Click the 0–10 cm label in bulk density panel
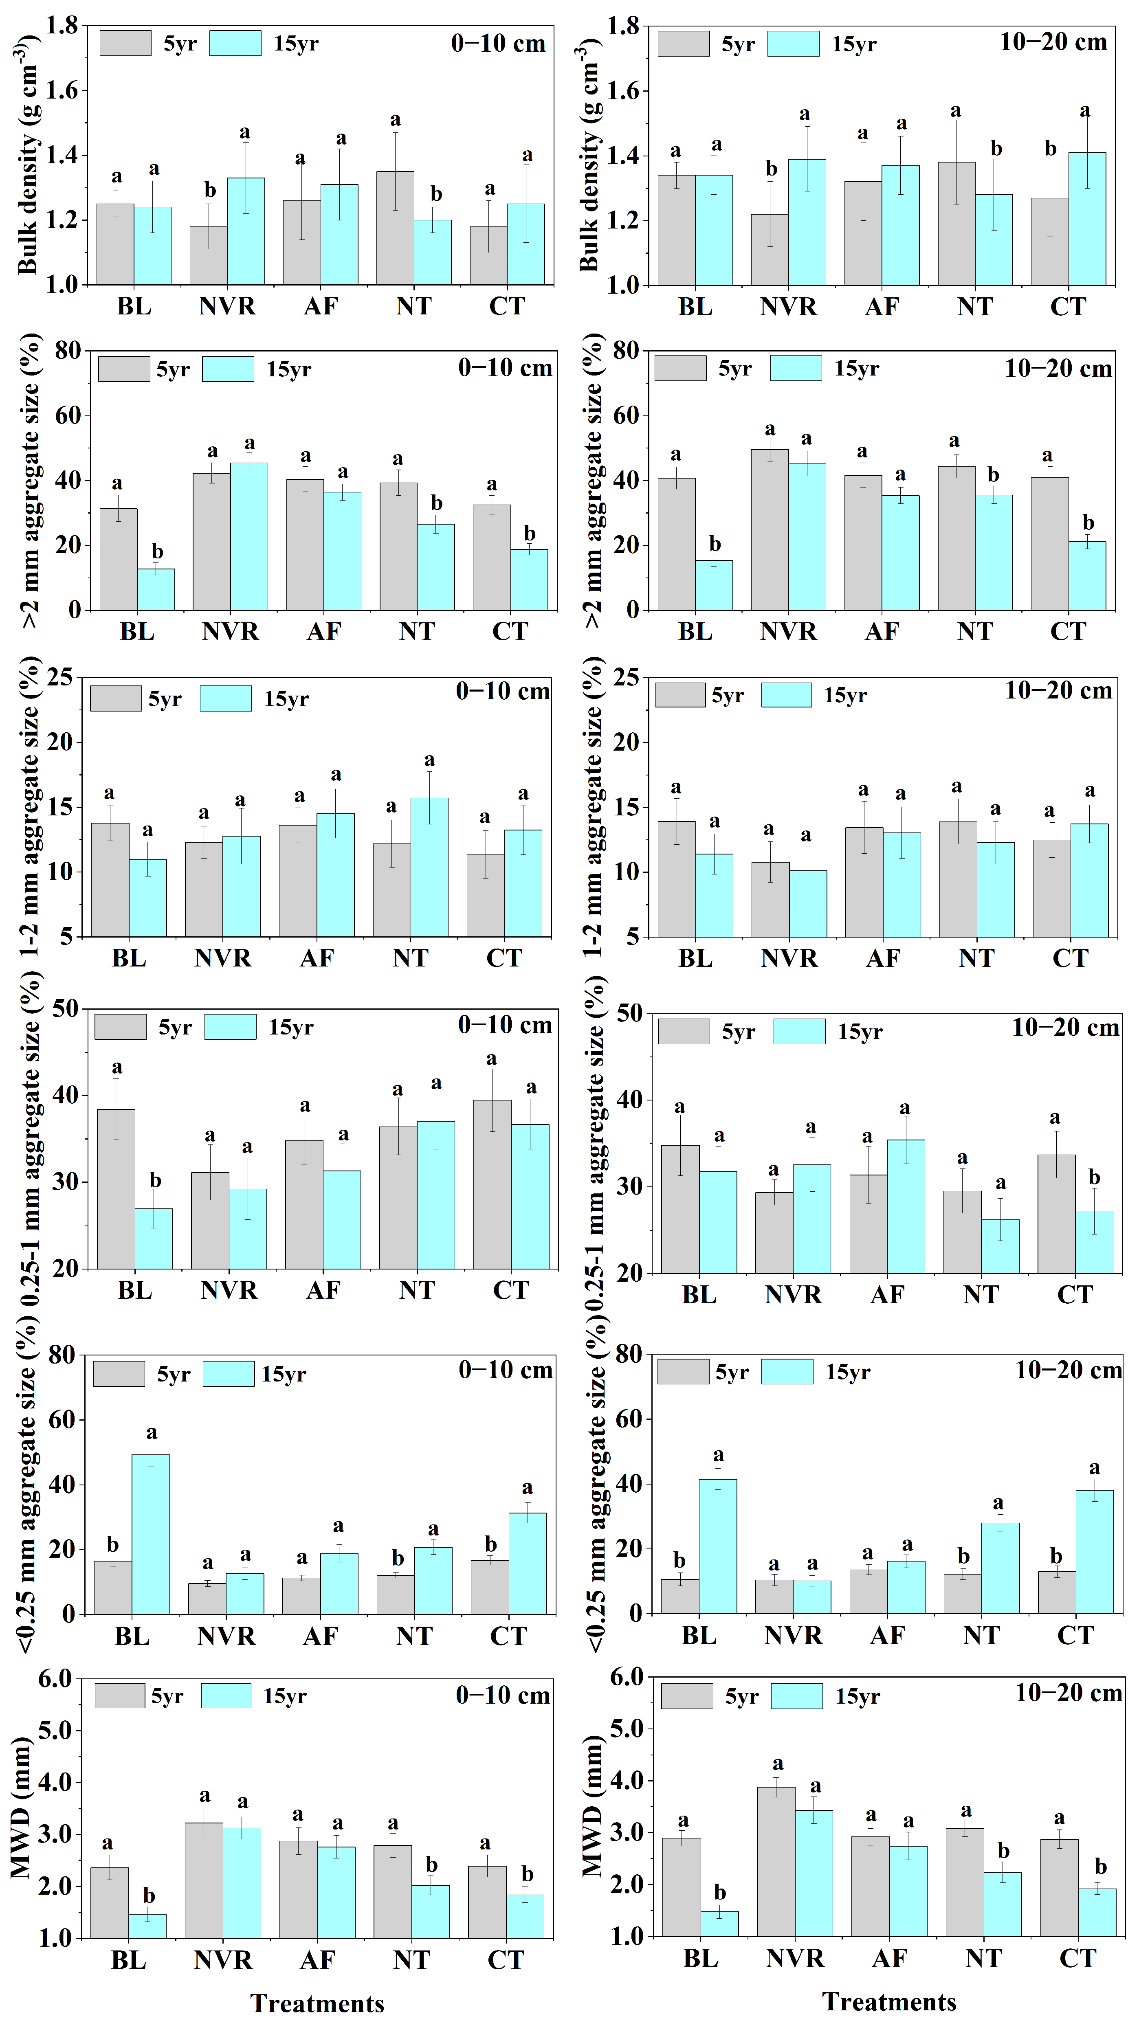click(498, 43)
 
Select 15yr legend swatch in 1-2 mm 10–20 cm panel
click(786, 695)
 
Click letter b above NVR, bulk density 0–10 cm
click(210, 190)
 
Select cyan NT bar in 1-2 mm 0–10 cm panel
click(429, 867)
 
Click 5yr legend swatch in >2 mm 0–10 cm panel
click(124, 369)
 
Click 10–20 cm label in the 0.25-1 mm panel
click(1065, 1028)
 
